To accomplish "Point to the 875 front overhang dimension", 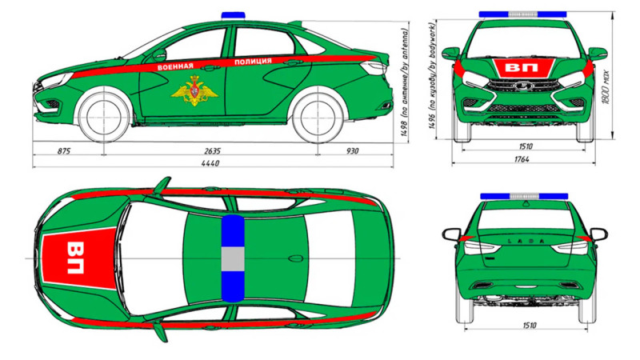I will click(65, 150).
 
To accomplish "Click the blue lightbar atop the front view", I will click(522, 14).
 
